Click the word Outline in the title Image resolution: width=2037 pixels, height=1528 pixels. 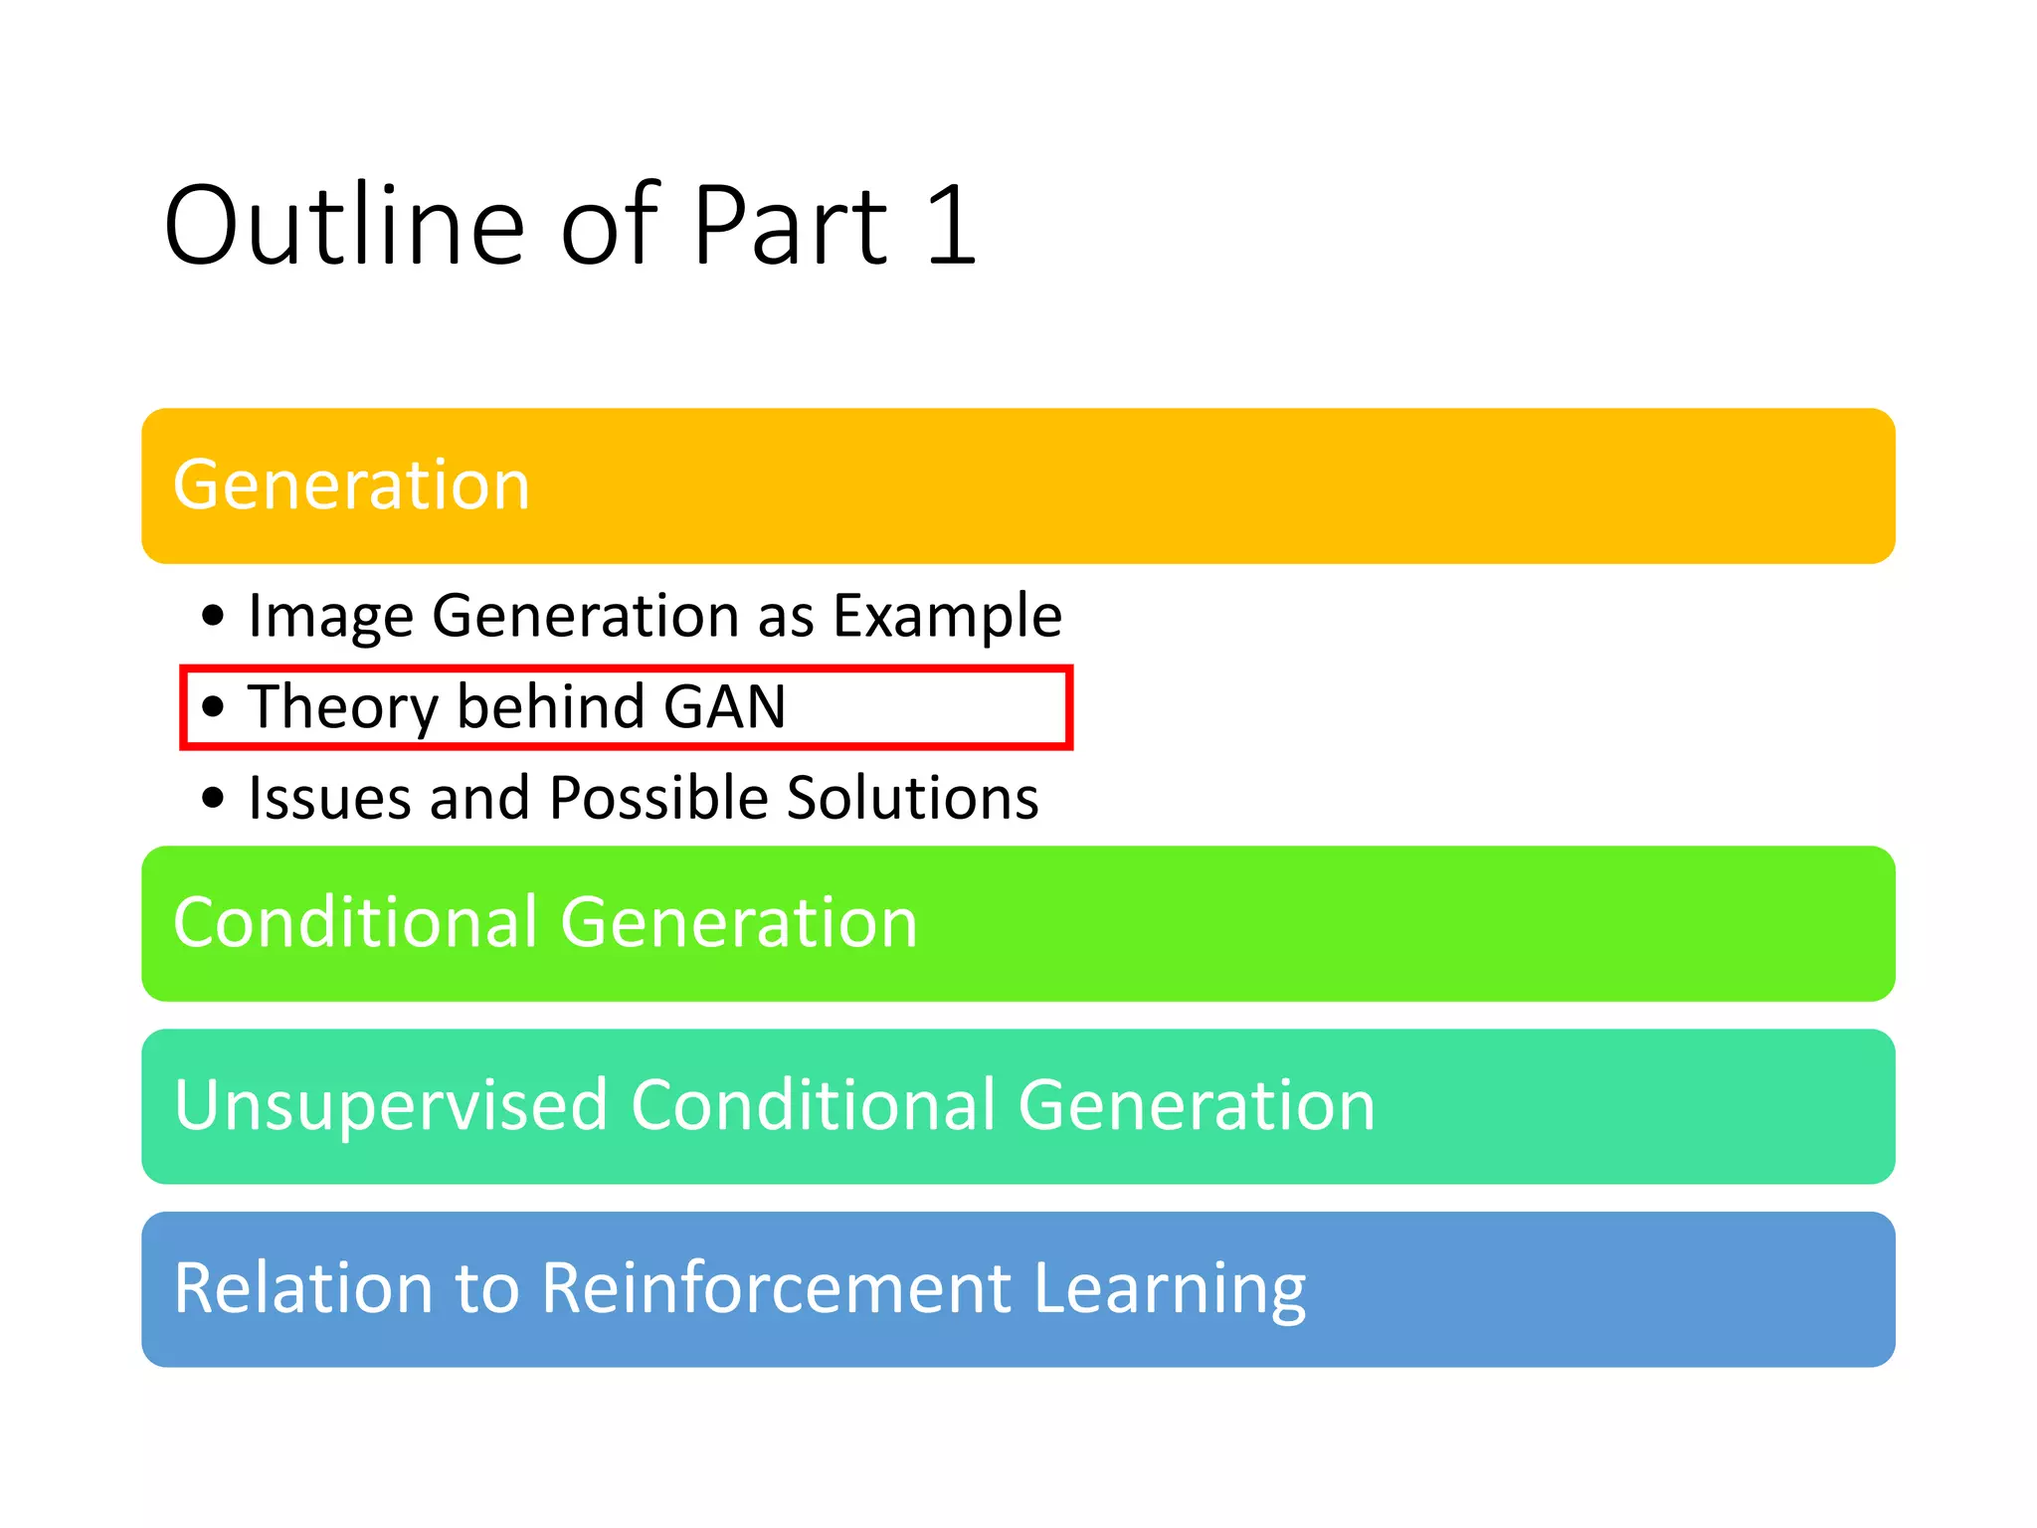[343, 227]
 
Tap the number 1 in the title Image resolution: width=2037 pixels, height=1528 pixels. [951, 227]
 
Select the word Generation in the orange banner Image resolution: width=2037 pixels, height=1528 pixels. [351, 485]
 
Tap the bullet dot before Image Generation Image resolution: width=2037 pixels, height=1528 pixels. [213, 616]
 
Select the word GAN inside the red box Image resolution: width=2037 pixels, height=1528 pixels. [724, 706]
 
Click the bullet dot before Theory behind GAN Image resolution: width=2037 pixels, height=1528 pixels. [213, 707]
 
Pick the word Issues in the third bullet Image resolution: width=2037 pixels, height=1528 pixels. [328, 798]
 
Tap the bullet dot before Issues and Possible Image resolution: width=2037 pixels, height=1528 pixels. [213, 798]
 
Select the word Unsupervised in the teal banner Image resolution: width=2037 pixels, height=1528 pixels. [390, 1106]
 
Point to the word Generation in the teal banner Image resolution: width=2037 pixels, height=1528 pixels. [1197, 1106]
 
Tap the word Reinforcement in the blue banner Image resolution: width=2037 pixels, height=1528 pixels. [776, 1289]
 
